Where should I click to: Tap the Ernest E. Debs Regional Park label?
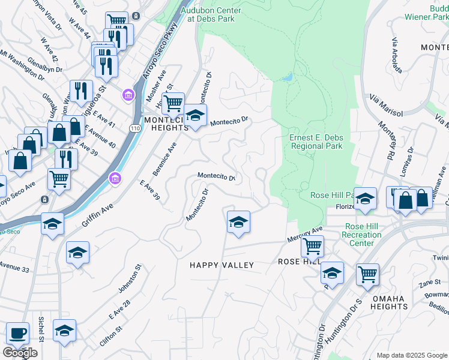coord(316,142)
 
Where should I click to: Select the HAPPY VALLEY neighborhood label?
coord(221,265)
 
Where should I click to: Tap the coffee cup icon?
coord(17,333)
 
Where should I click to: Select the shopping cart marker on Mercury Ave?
coord(312,245)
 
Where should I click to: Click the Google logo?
coord(19,353)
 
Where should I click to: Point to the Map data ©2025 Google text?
coord(411,355)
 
